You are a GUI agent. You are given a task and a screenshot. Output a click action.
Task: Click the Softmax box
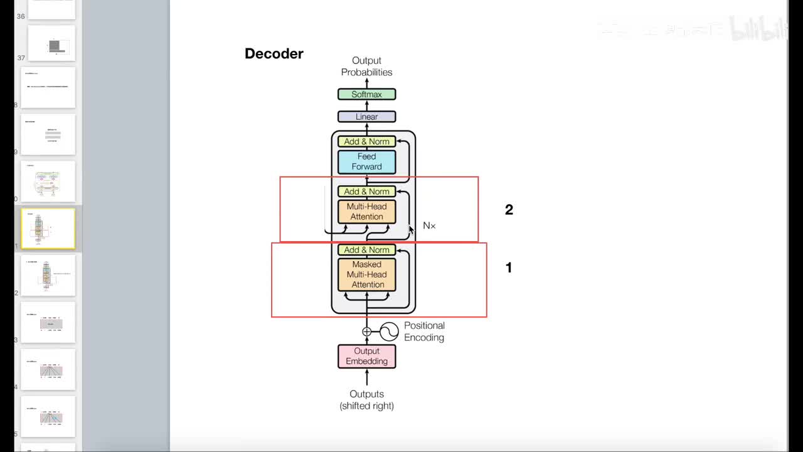pos(366,94)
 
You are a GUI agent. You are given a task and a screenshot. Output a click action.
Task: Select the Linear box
pos(366,117)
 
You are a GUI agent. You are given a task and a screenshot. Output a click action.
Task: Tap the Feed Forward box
pos(366,161)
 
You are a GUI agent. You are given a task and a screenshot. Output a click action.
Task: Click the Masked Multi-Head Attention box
pos(367,274)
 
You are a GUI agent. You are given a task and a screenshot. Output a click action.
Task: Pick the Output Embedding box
pos(366,356)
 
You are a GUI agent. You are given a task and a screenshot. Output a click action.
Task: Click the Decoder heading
pos(274,54)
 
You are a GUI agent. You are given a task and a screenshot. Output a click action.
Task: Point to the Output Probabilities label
pos(366,66)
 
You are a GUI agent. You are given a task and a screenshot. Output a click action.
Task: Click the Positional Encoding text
pos(424,331)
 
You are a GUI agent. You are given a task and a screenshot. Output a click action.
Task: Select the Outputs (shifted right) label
pos(366,400)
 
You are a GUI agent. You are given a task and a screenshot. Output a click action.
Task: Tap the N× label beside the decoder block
pos(429,225)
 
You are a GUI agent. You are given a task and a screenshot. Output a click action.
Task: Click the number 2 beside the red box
pos(509,210)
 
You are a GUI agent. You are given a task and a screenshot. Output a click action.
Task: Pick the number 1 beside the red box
pos(509,267)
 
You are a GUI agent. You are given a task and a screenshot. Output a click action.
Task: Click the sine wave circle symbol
pos(389,331)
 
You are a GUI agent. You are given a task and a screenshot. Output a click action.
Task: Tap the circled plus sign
pos(367,331)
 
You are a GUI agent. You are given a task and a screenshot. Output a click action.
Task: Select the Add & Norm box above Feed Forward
pos(366,141)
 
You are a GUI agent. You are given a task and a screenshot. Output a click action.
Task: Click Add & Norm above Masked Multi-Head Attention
pos(366,250)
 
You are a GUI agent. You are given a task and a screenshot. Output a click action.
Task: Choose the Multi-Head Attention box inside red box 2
pos(366,212)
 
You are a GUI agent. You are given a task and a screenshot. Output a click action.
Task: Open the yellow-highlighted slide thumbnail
pos(48,229)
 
